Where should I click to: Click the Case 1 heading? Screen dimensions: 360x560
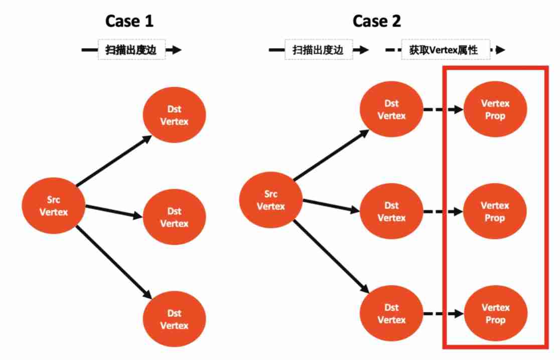pos(129,21)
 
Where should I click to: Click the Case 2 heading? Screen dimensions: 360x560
pos(377,21)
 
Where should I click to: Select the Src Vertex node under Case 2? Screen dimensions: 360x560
pos(271,200)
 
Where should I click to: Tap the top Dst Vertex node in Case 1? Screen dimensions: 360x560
pos(174,116)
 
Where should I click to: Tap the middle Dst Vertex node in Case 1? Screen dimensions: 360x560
pos(174,217)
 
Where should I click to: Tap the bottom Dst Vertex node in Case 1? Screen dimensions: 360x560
pos(174,319)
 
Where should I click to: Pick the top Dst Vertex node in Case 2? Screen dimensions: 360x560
pos(391,110)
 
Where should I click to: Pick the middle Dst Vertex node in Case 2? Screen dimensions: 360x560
pos(391,212)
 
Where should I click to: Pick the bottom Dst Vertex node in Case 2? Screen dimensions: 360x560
pos(391,313)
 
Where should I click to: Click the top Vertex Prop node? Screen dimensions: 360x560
pos(495,110)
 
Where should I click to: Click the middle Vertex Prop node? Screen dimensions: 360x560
pos(495,212)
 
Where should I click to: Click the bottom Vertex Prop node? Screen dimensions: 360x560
pos(495,313)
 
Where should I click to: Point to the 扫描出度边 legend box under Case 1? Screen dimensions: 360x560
pos(132,50)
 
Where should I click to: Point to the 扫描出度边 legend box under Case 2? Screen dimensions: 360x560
pos(319,50)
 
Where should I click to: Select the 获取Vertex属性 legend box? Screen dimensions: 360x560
pos(446,50)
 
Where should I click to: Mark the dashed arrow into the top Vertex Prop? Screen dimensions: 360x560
pos(443,110)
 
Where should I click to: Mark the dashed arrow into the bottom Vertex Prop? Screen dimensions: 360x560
pos(443,314)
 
